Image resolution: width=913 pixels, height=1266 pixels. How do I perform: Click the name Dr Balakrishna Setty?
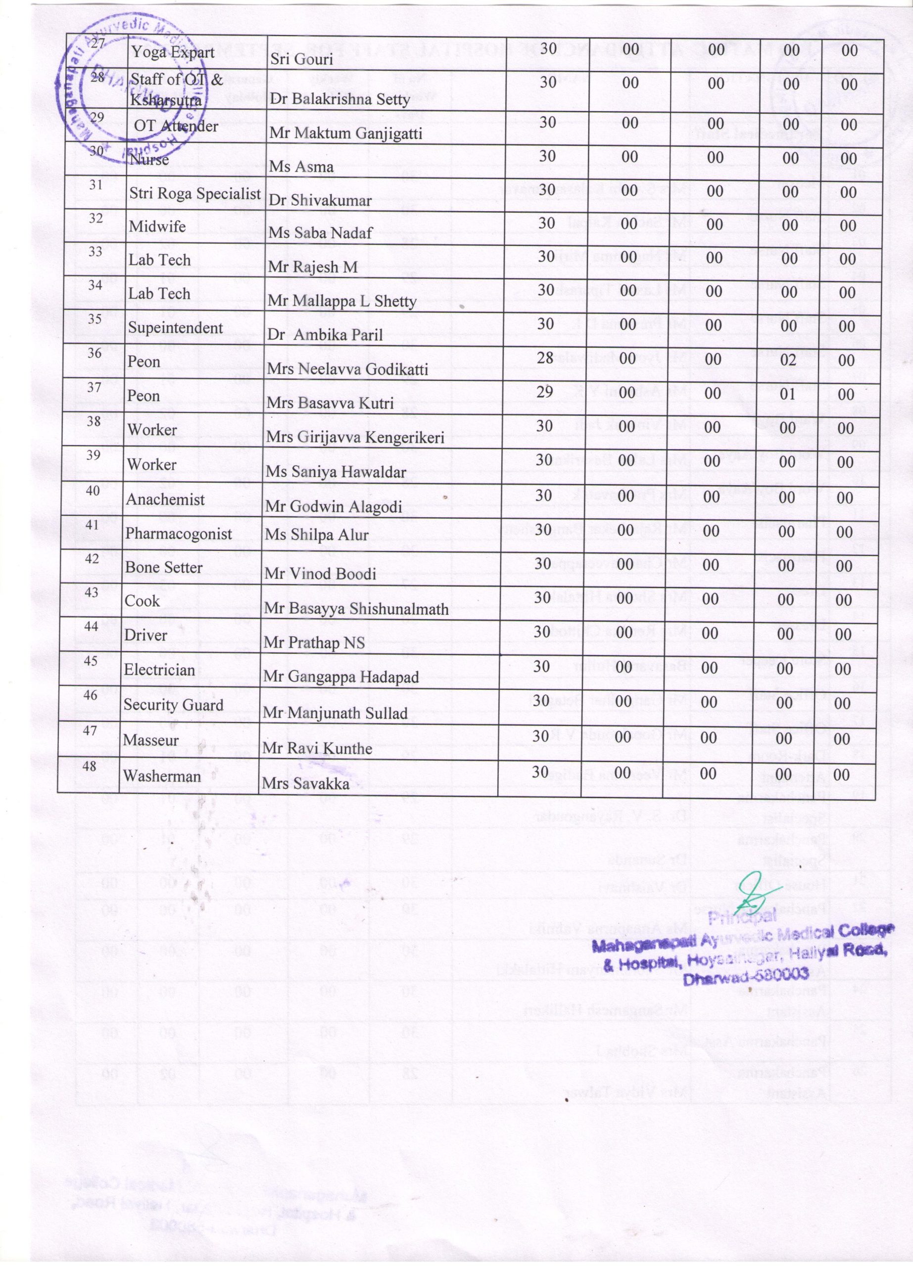(x=339, y=99)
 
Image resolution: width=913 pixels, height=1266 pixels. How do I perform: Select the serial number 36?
(x=95, y=353)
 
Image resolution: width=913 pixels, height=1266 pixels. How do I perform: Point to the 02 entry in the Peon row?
(x=787, y=360)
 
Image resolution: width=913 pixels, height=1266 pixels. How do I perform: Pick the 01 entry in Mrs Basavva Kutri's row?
(x=787, y=394)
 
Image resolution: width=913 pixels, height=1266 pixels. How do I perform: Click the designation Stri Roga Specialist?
(x=195, y=194)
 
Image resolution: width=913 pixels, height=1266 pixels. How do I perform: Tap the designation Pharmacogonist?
(x=178, y=534)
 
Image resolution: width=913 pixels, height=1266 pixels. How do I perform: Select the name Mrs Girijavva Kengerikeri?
(x=355, y=438)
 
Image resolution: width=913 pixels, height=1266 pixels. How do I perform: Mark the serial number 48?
(x=90, y=766)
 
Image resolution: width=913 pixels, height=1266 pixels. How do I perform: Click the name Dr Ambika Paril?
(x=325, y=334)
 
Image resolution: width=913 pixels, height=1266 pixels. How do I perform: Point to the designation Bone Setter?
(x=164, y=567)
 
